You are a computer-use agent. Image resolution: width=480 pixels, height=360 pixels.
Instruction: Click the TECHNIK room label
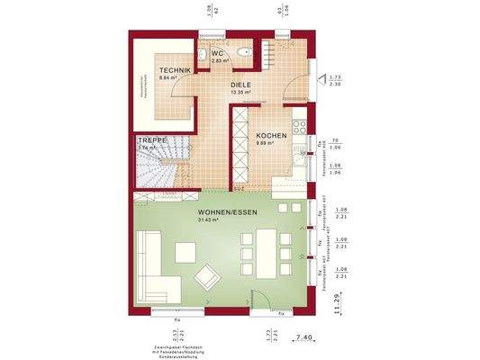tap(175, 69)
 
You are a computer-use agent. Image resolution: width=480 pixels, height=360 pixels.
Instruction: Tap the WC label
tap(218, 53)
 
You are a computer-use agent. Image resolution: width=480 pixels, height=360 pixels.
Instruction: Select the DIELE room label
tap(240, 84)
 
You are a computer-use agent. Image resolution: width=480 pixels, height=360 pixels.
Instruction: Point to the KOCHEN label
tap(271, 135)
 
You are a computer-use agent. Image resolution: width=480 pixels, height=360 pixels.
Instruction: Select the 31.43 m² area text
tap(209, 220)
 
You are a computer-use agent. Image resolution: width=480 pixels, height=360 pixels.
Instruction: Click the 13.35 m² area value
tap(240, 92)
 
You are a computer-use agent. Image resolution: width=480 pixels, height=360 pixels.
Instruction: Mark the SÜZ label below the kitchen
tap(239, 190)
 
